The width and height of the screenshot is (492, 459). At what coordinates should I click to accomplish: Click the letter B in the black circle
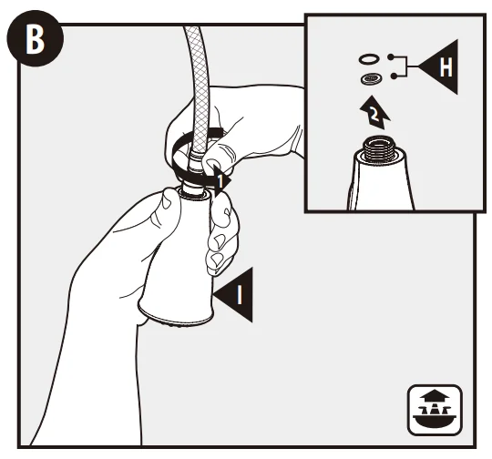tap(35, 40)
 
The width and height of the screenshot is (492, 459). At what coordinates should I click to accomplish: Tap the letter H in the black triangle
tap(446, 67)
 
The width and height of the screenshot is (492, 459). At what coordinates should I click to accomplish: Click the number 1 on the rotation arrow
tap(220, 181)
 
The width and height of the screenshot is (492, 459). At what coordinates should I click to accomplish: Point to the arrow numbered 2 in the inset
tap(374, 112)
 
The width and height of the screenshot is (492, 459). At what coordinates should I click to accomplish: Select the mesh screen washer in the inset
tap(371, 78)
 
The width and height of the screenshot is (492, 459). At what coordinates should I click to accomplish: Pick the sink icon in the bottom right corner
tap(435, 410)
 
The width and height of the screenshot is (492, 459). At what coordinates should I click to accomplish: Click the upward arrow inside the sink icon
tap(435, 396)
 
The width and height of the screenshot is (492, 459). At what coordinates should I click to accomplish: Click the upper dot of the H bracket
tap(390, 56)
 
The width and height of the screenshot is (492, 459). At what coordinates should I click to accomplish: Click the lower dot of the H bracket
tap(394, 76)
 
